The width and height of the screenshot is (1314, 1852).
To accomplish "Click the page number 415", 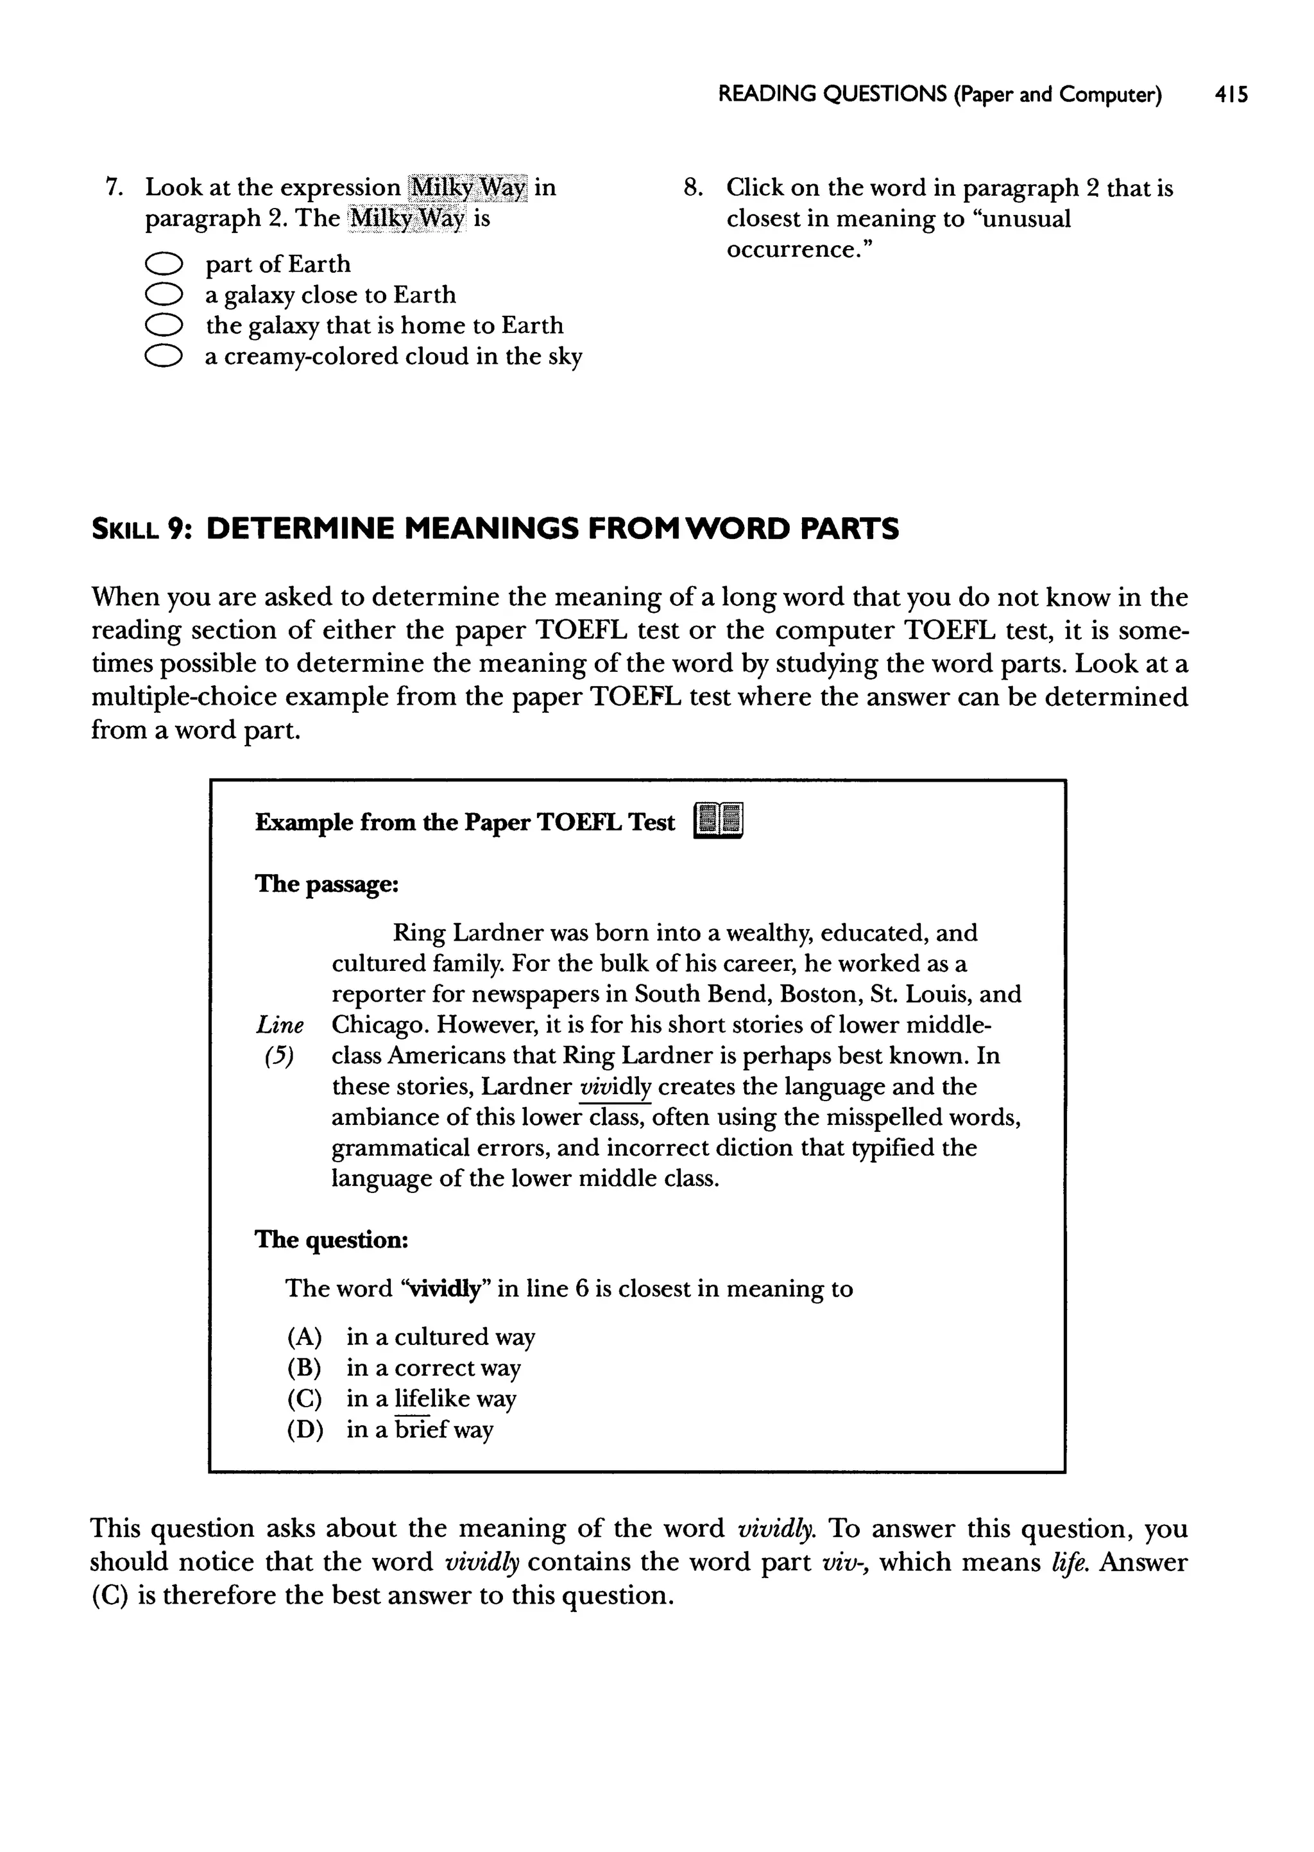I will point(1231,96).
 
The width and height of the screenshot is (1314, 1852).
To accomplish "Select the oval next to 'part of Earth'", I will point(162,264).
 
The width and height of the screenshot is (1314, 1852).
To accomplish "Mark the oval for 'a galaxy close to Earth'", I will point(162,295).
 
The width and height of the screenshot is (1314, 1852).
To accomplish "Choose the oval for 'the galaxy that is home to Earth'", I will point(162,326).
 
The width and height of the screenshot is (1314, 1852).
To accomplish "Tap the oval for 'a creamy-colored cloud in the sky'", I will point(162,357).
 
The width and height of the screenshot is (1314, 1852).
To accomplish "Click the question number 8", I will point(694,189).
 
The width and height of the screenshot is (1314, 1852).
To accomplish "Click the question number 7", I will point(114,188).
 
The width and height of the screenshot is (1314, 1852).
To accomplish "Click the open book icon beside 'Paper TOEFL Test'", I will point(719,822).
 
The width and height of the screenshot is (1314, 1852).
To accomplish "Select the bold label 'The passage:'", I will point(327,884).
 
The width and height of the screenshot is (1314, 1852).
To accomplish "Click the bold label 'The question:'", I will point(332,1240).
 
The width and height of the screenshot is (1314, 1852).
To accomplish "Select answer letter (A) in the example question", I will point(304,1337).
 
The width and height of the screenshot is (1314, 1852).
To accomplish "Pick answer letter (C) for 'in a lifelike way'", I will point(304,1399).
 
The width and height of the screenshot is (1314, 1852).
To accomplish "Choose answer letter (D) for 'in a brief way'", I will point(305,1430).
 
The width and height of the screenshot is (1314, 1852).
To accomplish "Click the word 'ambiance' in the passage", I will point(382,1118).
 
